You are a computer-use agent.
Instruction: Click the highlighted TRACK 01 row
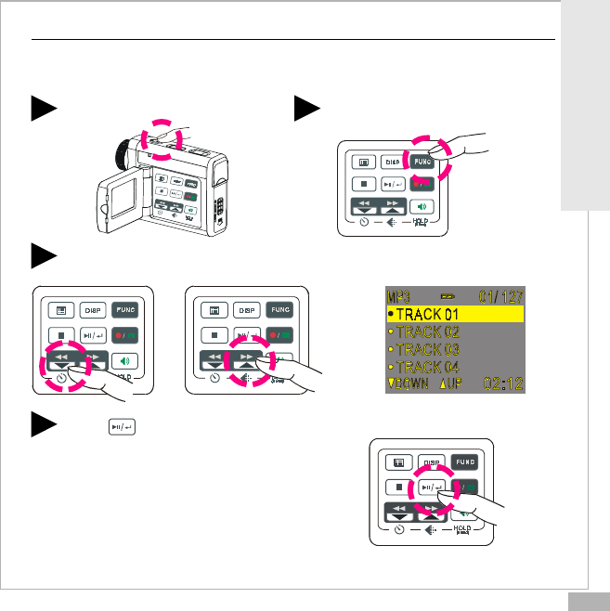click(x=456, y=314)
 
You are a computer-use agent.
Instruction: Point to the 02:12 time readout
click(x=504, y=383)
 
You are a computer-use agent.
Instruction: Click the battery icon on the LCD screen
click(x=448, y=295)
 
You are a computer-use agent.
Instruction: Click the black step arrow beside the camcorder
click(x=43, y=107)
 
